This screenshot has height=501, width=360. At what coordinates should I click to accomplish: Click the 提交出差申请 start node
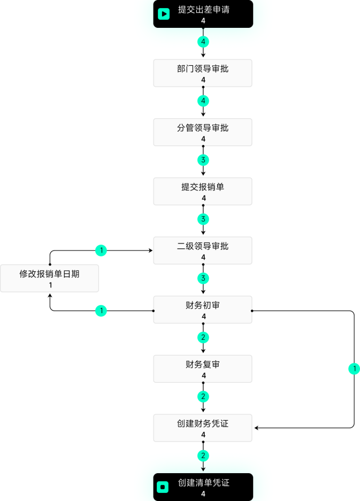[203, 14]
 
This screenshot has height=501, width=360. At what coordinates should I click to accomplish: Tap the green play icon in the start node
[164, 14]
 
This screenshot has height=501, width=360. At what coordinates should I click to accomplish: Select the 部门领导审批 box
[203, 73]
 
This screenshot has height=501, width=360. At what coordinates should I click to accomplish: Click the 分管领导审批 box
[203, 132]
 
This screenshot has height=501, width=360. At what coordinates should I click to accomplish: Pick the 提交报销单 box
[203, 191]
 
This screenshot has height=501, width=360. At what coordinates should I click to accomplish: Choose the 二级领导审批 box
[203, 250]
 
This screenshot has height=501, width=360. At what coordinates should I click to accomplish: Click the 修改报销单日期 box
[49, 278]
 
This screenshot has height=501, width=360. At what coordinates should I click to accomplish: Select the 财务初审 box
[203, 309]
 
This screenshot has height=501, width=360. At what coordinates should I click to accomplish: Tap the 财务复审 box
[203, 369]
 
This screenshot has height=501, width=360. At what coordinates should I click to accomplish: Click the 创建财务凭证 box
[203, 428]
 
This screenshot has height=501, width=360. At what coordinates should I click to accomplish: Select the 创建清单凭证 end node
[203, 487]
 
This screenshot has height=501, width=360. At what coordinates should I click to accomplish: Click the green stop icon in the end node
[163, 487]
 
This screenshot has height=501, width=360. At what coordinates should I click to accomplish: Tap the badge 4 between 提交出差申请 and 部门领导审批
[203, 42]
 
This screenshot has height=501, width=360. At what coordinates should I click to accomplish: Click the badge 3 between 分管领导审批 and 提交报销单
[203, 160]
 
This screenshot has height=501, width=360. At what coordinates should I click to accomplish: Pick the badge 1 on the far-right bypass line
[354, 369]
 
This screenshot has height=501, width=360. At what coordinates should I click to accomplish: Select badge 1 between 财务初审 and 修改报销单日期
[101, 310]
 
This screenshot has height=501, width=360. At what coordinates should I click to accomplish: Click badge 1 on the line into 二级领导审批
[101, 250]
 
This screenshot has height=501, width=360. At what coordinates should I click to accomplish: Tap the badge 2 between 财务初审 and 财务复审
[203, 337]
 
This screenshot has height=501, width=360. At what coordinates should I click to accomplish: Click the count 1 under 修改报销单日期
[50, 285]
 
